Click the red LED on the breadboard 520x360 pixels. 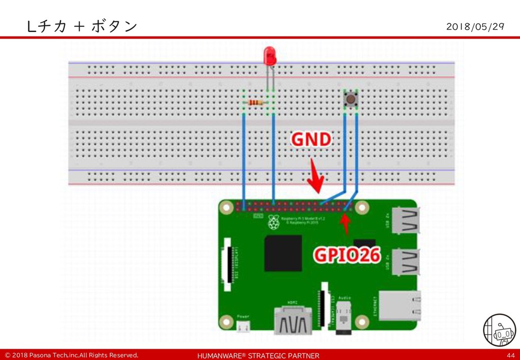(270, 55)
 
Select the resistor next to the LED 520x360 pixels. (255, 103)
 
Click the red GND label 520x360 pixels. (311, 140)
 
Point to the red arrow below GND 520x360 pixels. (316, 178)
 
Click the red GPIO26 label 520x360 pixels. (346, 255)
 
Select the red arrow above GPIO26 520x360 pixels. (346, 223)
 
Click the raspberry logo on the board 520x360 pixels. (274, 222)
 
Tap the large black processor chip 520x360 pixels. (283, 252)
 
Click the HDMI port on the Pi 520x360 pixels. (294, 320)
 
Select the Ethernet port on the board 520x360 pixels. (400, 306)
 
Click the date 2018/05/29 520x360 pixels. (475, 26)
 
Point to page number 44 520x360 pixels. (510, 355)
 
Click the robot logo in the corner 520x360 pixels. (499, 330)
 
